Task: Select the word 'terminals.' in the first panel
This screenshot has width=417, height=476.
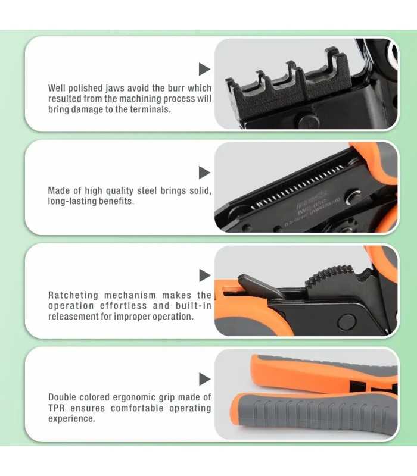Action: [151, 109]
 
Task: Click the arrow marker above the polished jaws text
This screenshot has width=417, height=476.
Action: [204, 69]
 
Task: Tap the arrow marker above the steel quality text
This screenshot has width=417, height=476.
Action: [204, 173]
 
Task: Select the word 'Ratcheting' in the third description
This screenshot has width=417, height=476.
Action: [73, 295]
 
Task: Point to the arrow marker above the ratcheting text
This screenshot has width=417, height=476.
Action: [204, 275]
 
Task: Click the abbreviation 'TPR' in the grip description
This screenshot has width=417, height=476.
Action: [57, 408]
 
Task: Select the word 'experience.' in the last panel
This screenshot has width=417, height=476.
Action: [71, 419]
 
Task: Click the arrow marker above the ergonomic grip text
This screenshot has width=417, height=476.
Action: [204, 379]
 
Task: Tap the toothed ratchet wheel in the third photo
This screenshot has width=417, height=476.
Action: [331, 278]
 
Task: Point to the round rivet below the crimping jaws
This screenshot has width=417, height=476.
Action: [309, 122]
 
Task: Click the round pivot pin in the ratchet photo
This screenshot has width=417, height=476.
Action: [347, 322]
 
